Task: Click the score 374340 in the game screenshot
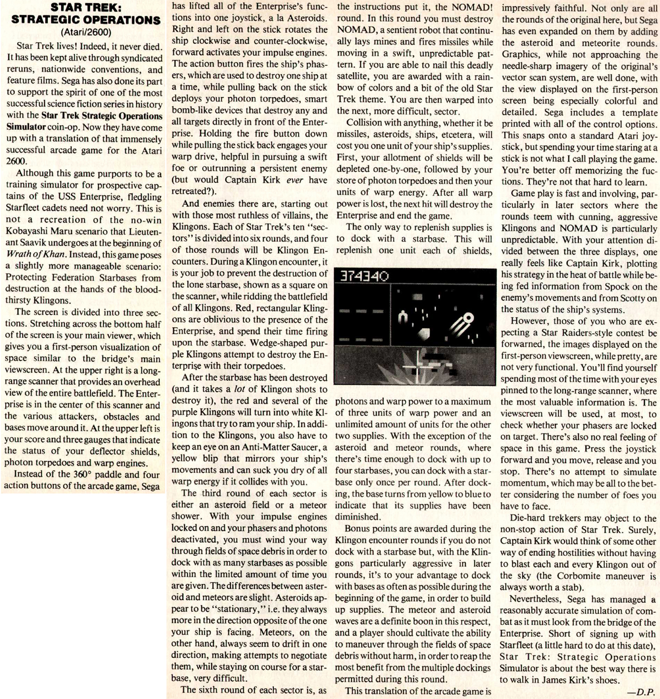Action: pyautogui.click(x=365, y=277)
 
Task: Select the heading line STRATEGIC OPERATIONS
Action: pyautogui.click(x=86, y=20)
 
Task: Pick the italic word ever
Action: pyautogui.click(x=295, y=180)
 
